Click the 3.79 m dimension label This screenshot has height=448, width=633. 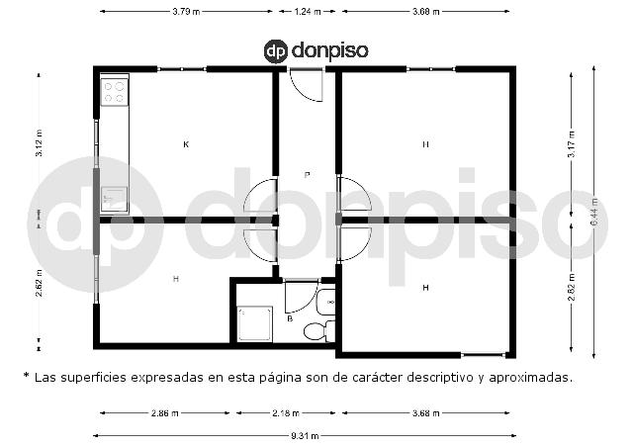(186, 12)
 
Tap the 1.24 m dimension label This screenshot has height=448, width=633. (308, 12)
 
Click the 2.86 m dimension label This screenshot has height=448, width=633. (164, 412)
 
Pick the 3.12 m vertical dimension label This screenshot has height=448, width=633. (39, 144)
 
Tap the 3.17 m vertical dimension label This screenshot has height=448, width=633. (571, 144)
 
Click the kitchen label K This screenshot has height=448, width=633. (186, 144)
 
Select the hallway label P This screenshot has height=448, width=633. (307, 174)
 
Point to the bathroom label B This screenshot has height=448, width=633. (290, 319)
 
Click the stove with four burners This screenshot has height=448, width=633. (114, 92)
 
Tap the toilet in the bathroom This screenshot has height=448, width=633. (316, 331)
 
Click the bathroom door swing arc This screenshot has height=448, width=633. (301, 298)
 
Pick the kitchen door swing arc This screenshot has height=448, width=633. (259, 199)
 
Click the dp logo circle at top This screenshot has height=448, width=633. (278, 50)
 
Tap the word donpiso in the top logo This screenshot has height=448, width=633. (329, 50)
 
